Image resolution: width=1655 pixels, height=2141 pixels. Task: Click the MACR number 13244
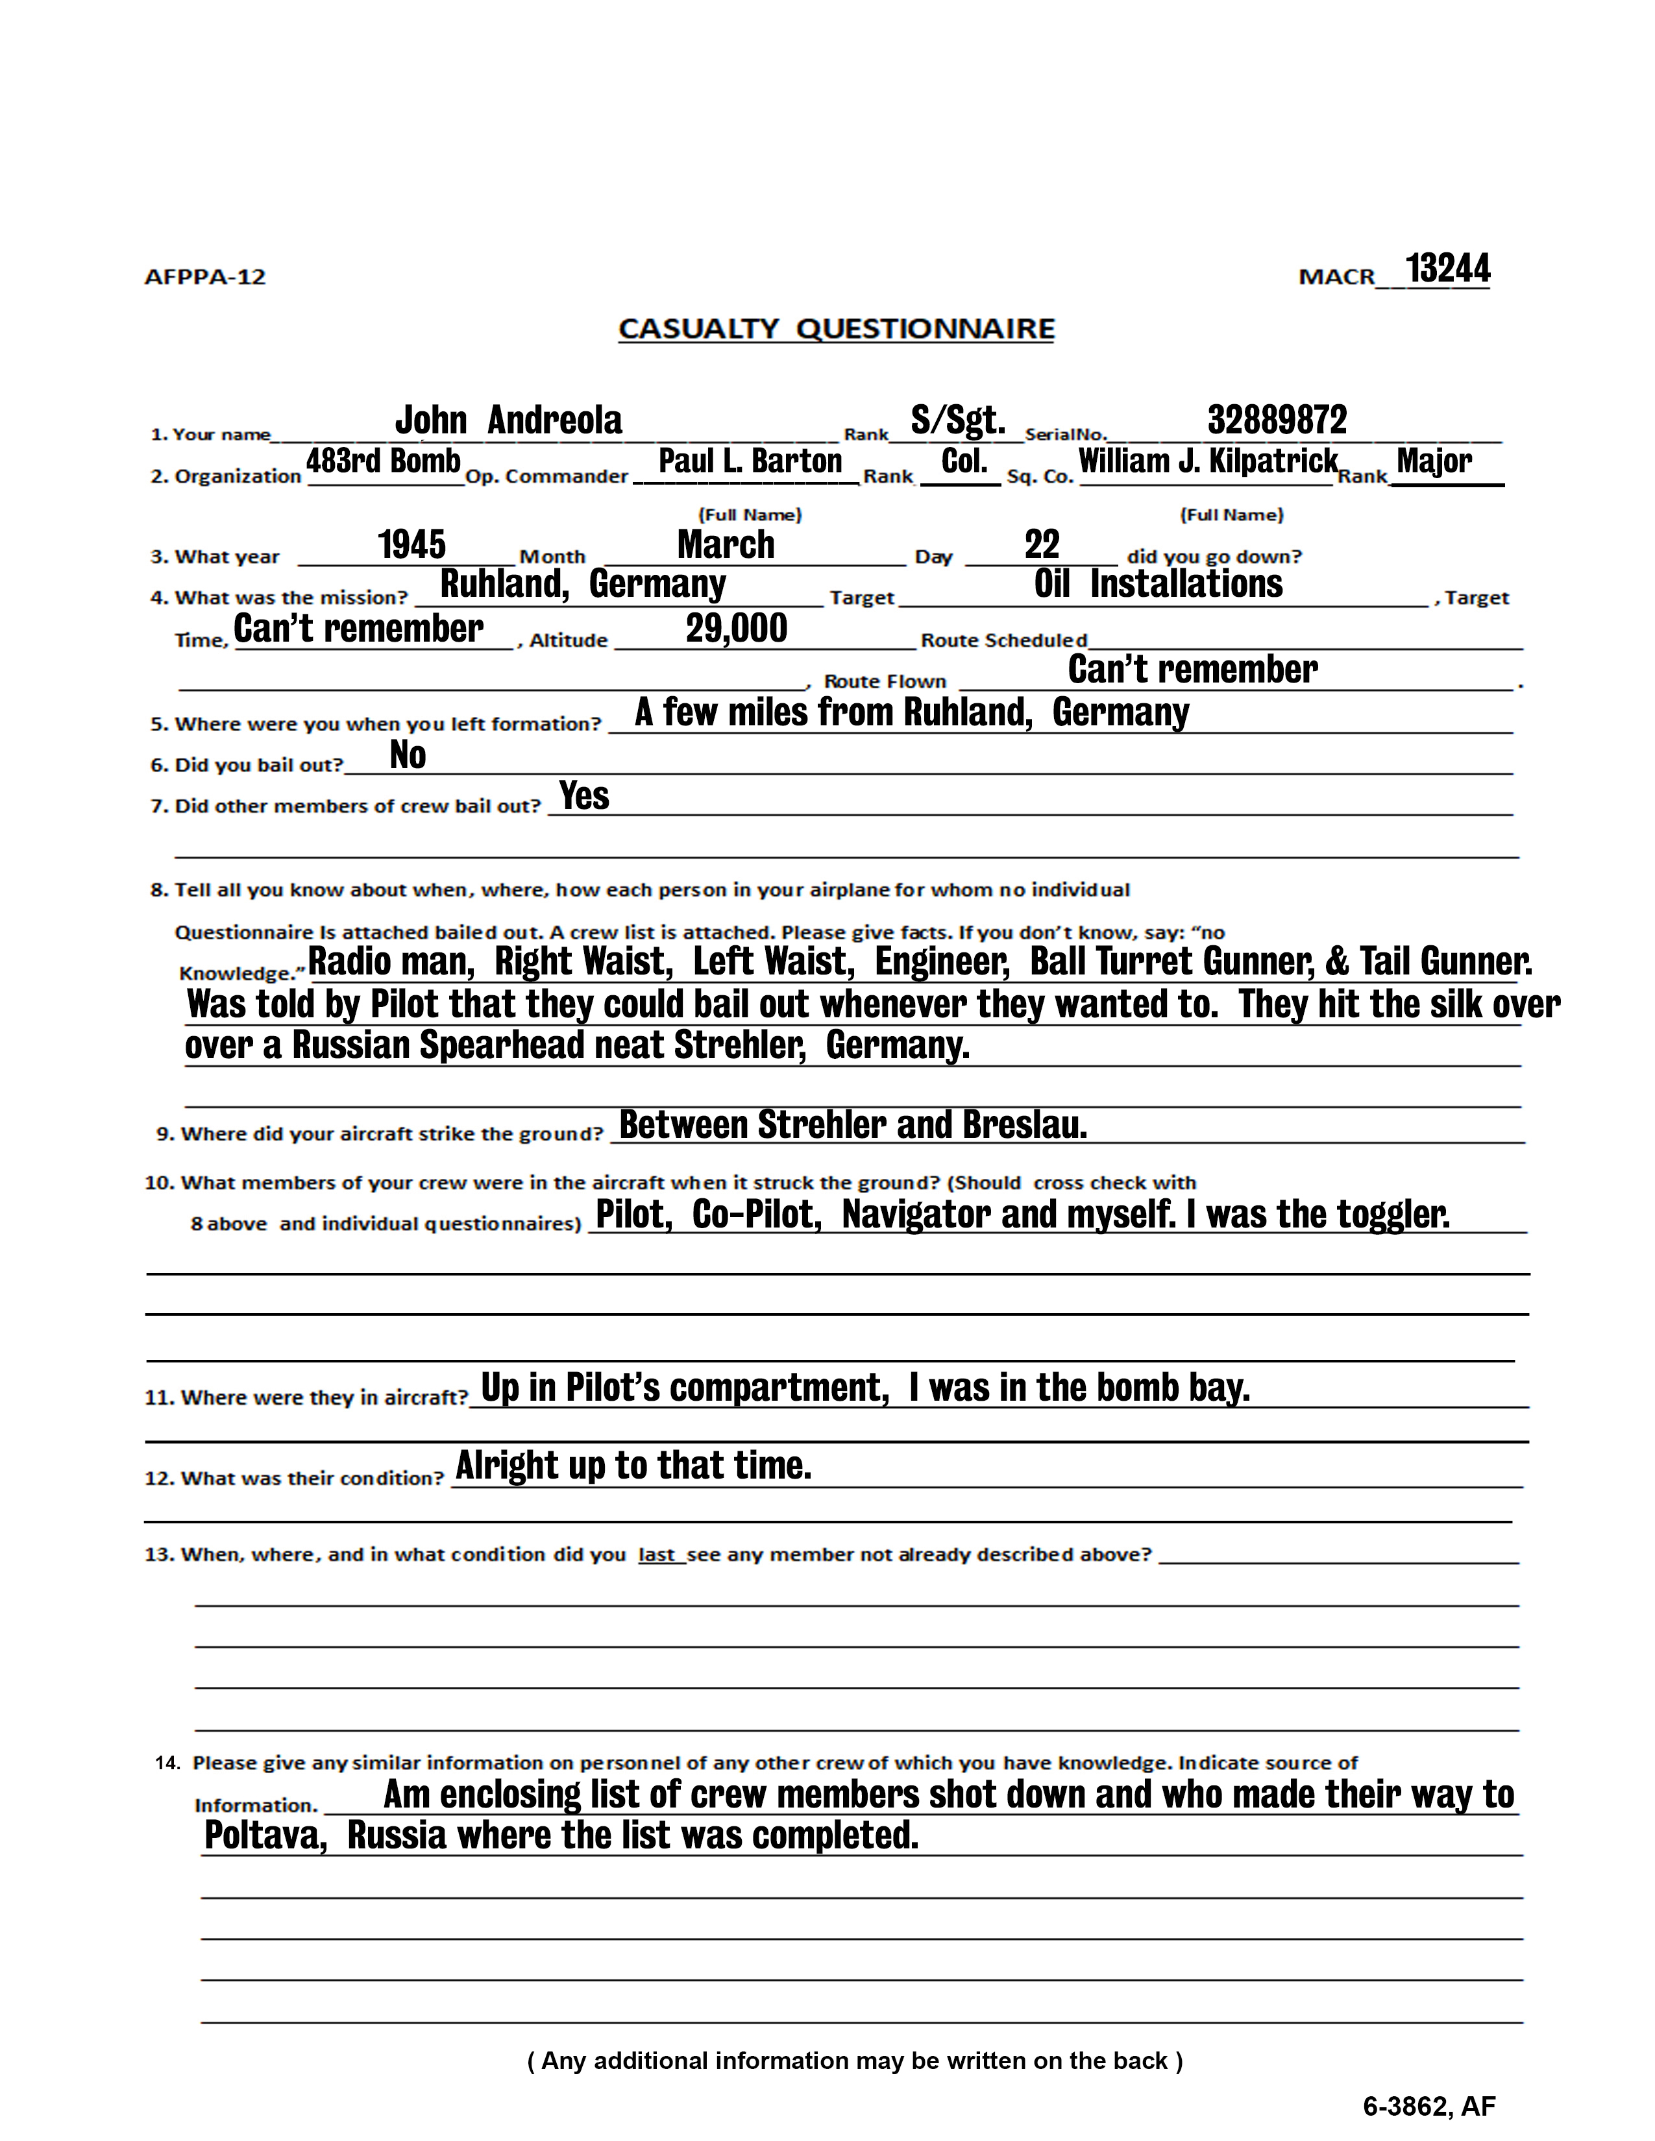click(1447, 269)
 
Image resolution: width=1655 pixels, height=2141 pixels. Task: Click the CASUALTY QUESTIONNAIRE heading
click(837, 328)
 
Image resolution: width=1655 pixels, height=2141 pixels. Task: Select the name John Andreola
click(508, 420)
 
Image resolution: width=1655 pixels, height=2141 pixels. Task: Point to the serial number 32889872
click(1277, 420)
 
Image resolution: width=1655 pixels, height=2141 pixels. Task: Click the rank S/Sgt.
click(958, 420)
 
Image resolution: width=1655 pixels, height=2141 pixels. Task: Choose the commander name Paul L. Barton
click(750, 461)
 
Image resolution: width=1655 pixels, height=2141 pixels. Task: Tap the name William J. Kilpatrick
click(1208, 461)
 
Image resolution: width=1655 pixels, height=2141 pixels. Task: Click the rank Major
click(1434, 461)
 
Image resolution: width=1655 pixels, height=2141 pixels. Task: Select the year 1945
click(411, 545)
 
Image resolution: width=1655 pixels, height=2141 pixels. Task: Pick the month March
click(726, 545)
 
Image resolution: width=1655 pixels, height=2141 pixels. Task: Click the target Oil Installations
click(1158, 585)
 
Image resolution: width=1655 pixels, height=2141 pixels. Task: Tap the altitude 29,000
click(737, 629)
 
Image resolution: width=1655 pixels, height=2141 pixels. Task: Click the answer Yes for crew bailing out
click(584, 796)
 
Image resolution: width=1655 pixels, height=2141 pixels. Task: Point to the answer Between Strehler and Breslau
click(853, 1126)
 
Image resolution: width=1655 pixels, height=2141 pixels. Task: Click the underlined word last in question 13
click(657, 1554)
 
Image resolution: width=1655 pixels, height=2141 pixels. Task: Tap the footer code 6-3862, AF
click(1428, 2106)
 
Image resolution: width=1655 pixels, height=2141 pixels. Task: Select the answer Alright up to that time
click(633, 1466)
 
